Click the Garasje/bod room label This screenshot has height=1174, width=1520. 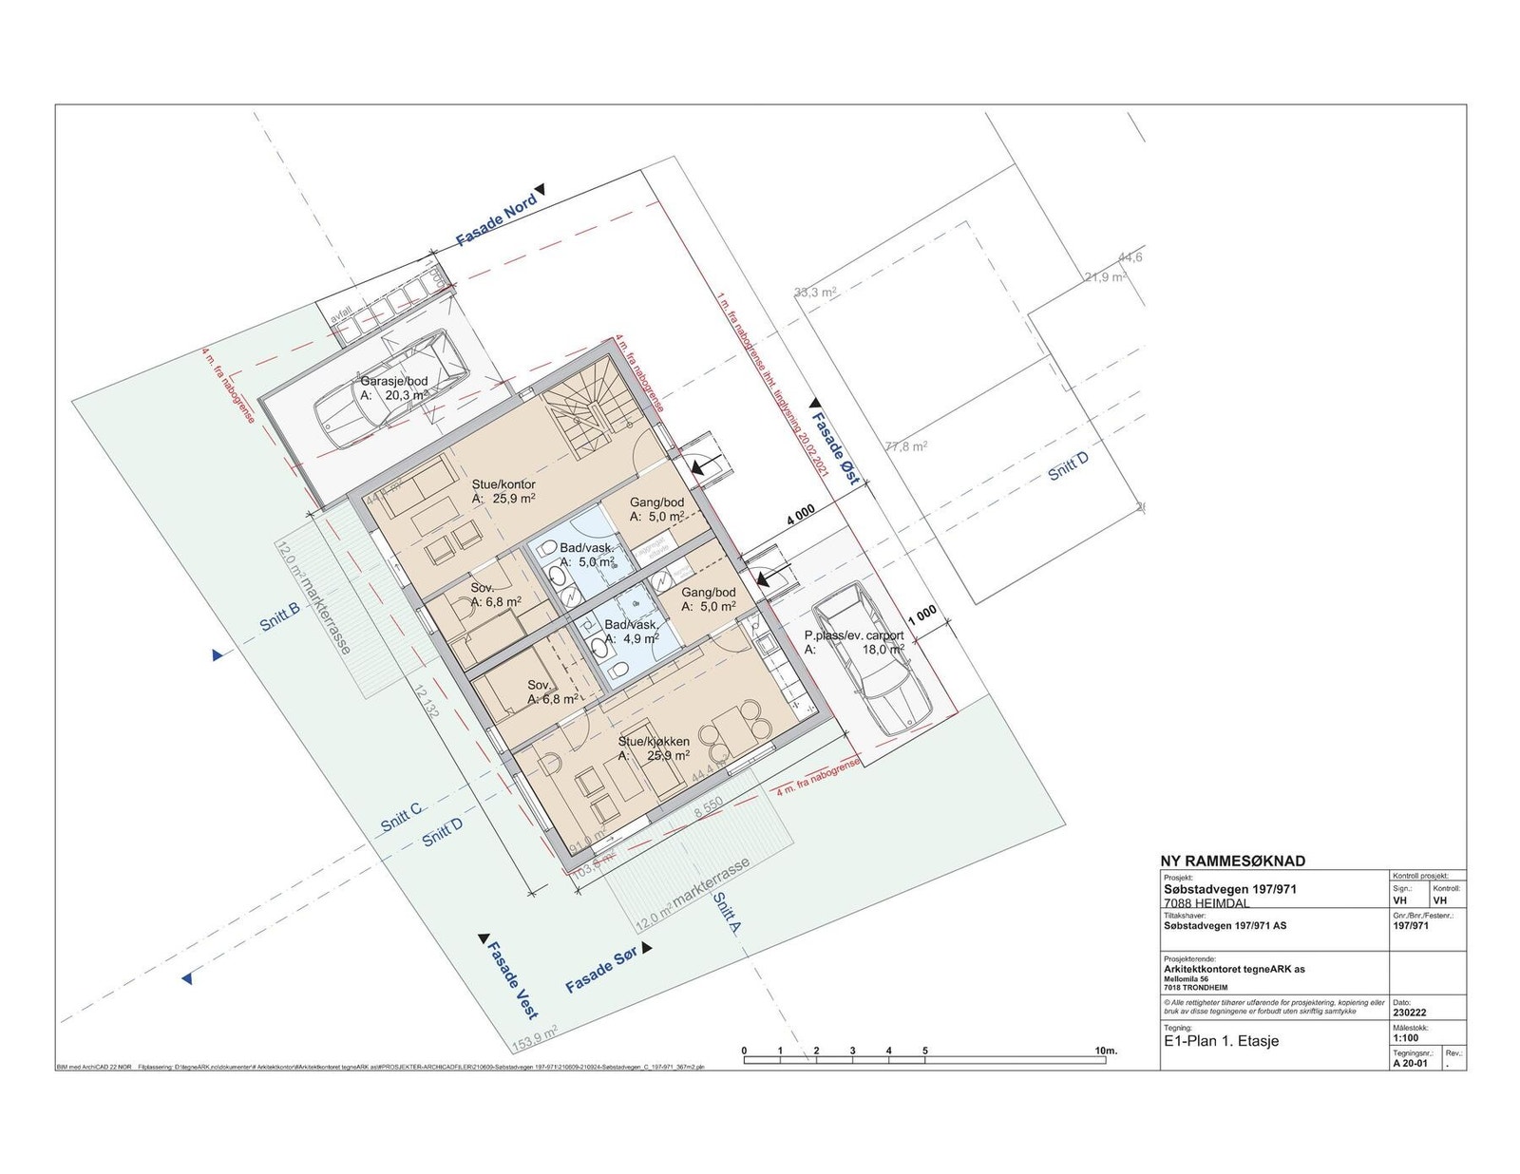(x=392, y=381)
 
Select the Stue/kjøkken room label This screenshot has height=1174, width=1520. (x=654, y=742)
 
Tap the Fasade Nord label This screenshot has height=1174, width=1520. (x=497, y=221)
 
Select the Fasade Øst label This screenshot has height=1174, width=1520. (x=835, y=449)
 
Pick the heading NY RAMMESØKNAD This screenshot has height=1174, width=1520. (x=1233, y=862)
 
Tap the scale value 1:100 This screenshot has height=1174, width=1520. (x=1406, y=1039)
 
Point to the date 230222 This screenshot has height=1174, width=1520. (x=1410, y=1013)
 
